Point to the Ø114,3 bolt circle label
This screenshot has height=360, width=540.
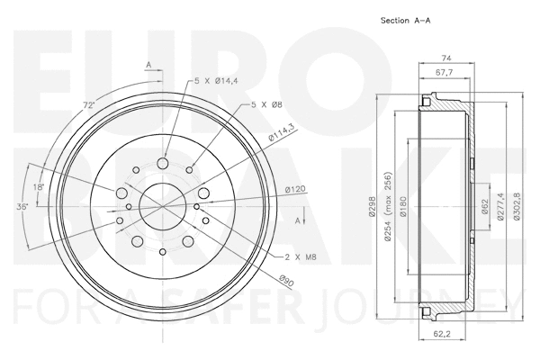282,134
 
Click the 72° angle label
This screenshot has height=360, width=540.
88,106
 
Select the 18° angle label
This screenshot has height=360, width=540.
37,186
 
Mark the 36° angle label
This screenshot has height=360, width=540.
21,206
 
